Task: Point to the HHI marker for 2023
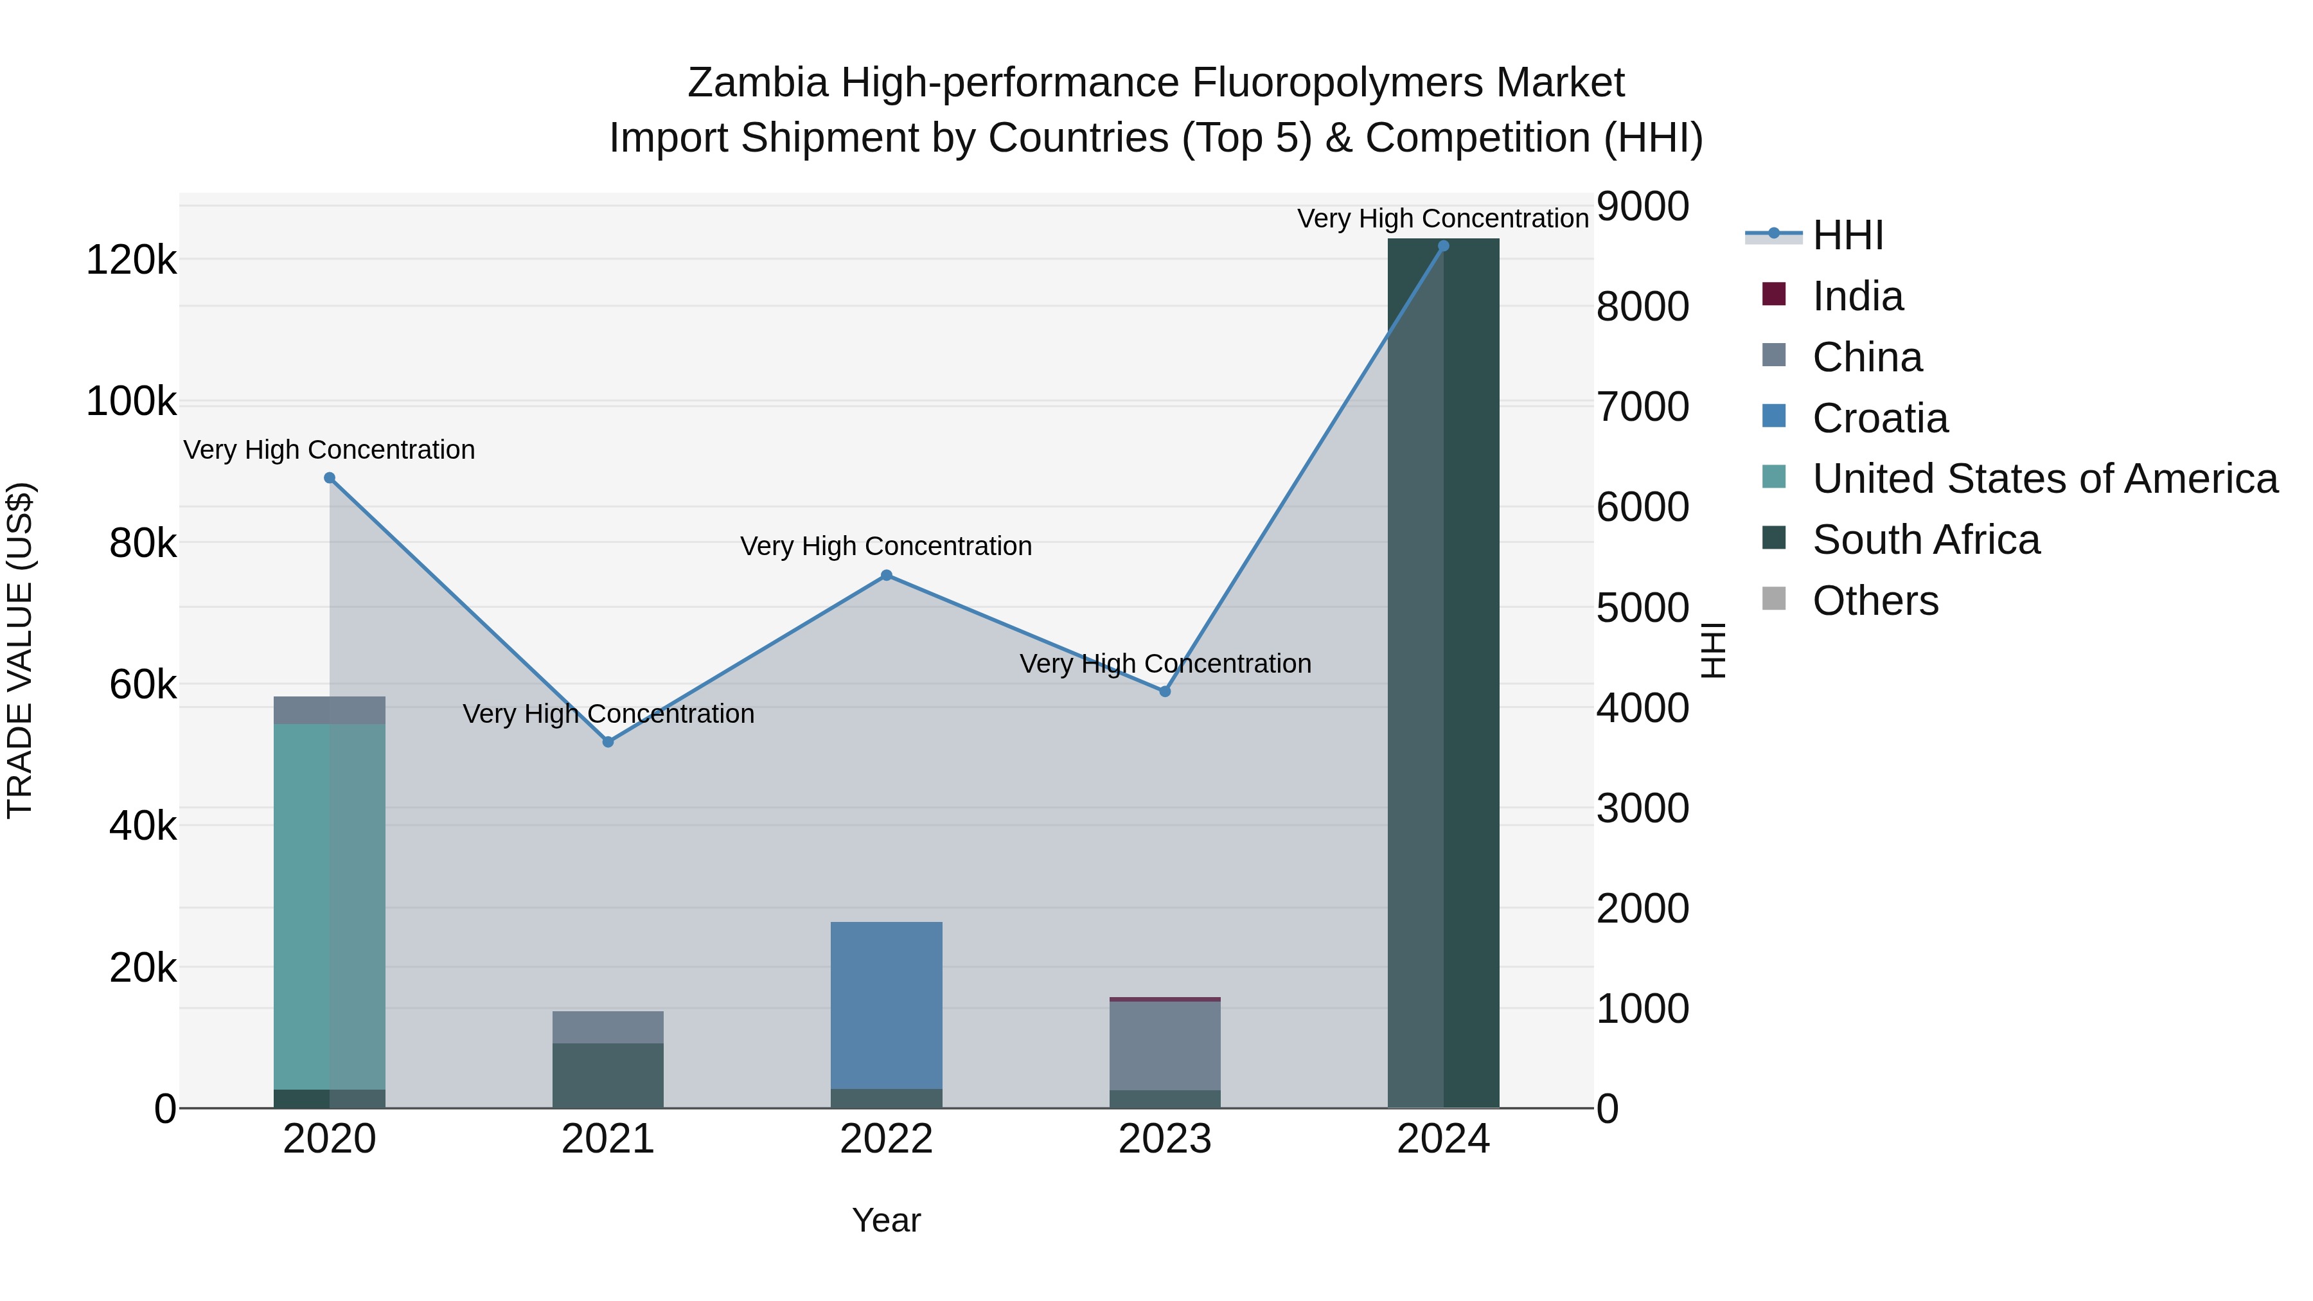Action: [1165, 691]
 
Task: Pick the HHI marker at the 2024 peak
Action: [1443, 246]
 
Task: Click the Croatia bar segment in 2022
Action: [886, 1005]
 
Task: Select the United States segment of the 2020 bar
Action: [330, 907]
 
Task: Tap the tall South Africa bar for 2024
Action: [1443, 673]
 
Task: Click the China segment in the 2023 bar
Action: [1165, 1046]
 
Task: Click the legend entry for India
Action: [1856, 296]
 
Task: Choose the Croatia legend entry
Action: [1879, 418]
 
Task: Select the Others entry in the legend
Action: [1874, 601]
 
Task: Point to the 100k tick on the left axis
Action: [131, 402]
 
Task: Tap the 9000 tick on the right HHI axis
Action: [1642, 206]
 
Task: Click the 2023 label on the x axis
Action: [1165, 1139]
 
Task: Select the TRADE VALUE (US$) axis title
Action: [20, 650]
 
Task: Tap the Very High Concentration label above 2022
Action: [886, 546]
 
